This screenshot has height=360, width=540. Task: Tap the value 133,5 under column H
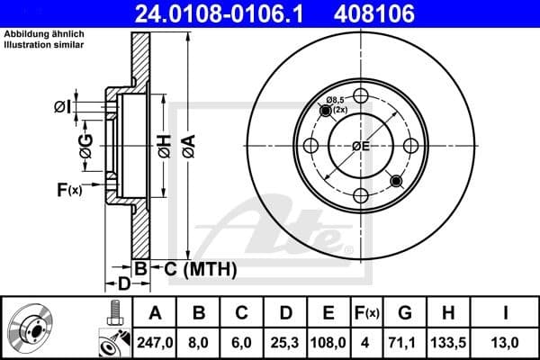click(x=448, y=341)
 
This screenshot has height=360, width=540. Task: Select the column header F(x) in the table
click(x=366, y=313)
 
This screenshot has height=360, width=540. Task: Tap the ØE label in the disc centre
click(x=362, y=146)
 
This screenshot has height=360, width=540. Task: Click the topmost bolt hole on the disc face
click(x=362, y=96)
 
